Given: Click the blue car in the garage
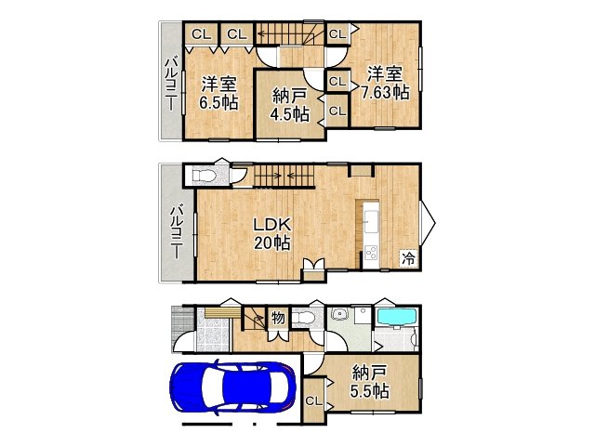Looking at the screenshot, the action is pos(232,387).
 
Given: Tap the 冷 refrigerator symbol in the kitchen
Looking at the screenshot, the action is pos(409,258).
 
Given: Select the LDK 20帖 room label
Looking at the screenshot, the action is pos(272,233).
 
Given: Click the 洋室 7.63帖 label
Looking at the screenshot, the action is pos(385,83).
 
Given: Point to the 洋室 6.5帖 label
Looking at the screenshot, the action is pos(219,93).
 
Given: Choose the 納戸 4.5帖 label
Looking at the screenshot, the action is pos(289,105).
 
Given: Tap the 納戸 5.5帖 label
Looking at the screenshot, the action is pos(369,382).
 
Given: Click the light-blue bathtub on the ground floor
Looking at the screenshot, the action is pos(397,317).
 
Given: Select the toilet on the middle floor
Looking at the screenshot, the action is pos(204,176).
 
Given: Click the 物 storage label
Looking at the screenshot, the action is pos(278,318).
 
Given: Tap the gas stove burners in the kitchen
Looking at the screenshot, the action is pos(371,253).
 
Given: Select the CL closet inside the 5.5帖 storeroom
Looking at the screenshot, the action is pos(314,400).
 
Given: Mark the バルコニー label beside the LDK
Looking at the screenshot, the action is pos(177,231).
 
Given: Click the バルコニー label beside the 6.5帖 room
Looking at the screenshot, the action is pos(171,84).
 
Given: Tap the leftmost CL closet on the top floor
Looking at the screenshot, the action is pos(201,34).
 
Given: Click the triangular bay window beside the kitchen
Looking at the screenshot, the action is pos(428,223).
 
